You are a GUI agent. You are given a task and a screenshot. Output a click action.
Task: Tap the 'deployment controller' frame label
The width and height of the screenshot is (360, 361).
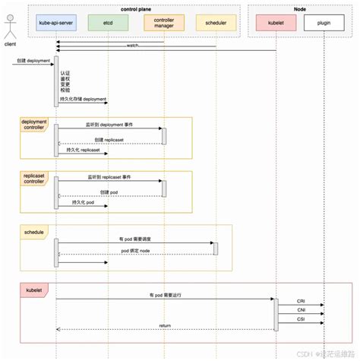click(x=34, y=125)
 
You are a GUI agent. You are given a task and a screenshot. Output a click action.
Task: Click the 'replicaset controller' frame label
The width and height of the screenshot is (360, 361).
click(x=34, y=179)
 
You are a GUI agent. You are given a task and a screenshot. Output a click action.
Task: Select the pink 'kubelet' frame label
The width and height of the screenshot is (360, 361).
click(x=34, y=289)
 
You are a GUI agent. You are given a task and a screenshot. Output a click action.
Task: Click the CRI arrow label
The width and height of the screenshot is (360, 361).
click(x=302, y=302)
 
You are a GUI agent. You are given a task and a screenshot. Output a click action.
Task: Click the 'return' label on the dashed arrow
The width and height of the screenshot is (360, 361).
click(x=165, y=325)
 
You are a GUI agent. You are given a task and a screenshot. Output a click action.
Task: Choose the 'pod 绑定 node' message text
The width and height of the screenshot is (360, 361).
click(x=135, y=250)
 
